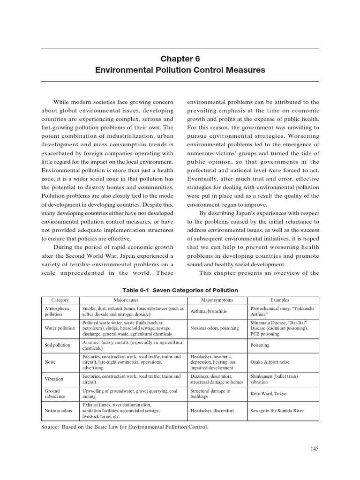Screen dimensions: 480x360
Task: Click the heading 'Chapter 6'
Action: tap(180, 59)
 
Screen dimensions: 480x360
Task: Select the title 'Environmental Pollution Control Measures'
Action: tap(180, 70)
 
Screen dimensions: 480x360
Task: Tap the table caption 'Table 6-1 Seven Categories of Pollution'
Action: tap(180, 290)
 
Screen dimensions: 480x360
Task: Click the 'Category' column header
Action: tap(60, 300)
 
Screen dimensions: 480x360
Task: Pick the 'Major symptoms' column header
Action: tap(217, 300)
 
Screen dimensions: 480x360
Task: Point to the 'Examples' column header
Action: tap(280, 300)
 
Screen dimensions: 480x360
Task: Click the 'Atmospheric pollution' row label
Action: tap(57, 312)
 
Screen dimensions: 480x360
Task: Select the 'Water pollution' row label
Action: tap(60, 328)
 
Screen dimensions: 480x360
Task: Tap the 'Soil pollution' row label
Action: tap(58, 345)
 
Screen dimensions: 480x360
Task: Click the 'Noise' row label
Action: tap(50, 362)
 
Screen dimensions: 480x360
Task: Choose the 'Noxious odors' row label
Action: tap(59, 411)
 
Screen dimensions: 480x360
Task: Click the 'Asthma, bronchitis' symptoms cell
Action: tap(209, 312)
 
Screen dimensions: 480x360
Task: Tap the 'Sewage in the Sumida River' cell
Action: tap(277, 411)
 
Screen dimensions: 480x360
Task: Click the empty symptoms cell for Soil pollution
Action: tap(217, 345)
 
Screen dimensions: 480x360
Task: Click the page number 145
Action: tap(314, 449)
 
